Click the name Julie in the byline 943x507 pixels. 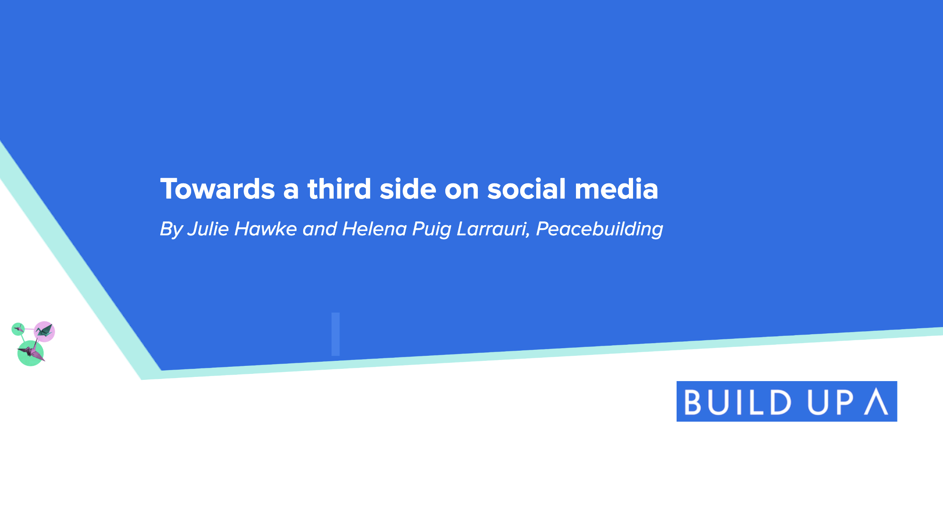(208, 229)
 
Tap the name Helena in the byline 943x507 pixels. (375, 229)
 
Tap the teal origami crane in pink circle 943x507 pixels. (44, 330)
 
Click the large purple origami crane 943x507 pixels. (31, 352)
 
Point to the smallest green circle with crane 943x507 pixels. (18, 329)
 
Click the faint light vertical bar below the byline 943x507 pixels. (336, 334)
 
